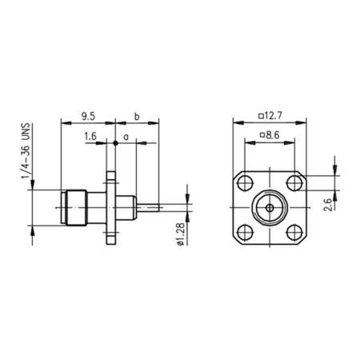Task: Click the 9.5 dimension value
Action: click(87, 116)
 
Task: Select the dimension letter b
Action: click(137, 116)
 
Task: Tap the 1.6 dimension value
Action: click(90, 137)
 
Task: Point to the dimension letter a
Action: click(126, 137)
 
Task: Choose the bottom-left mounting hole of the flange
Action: click(244, 232)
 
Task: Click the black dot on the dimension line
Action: click(115, 142)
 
